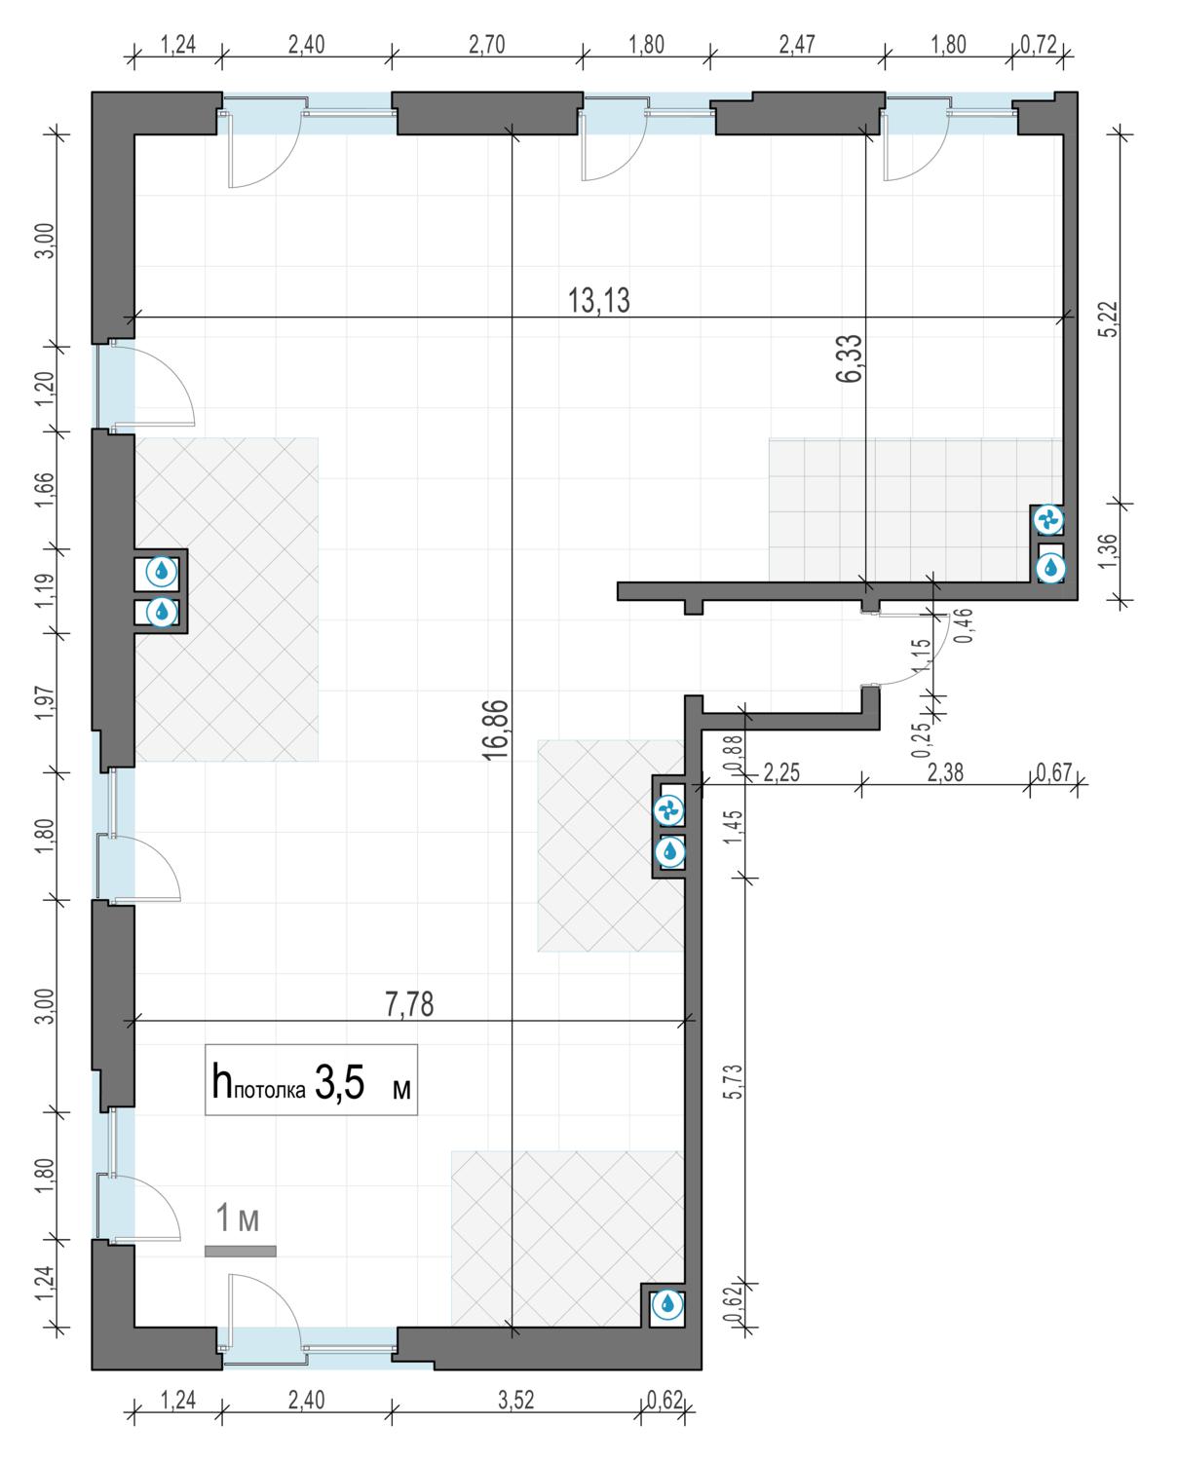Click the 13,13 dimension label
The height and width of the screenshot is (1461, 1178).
point(598,300)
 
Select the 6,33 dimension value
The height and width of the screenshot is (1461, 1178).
point(850,358)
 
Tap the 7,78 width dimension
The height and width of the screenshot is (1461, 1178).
point(409,1004)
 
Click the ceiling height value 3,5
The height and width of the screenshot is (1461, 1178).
point(340,1082)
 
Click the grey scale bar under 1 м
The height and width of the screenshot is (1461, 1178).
point(241,1252)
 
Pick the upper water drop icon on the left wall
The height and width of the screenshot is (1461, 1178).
point(162,571)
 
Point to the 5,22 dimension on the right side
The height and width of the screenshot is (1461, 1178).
point(1112,319)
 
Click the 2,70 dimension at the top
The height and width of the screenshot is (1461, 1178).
point(486,45)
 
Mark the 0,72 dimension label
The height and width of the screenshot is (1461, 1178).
point(1039,45)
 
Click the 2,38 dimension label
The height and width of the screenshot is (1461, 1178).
point(945,772)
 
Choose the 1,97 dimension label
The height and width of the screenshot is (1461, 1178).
point(44,704)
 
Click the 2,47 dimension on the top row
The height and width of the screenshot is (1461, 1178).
point(797,45)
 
